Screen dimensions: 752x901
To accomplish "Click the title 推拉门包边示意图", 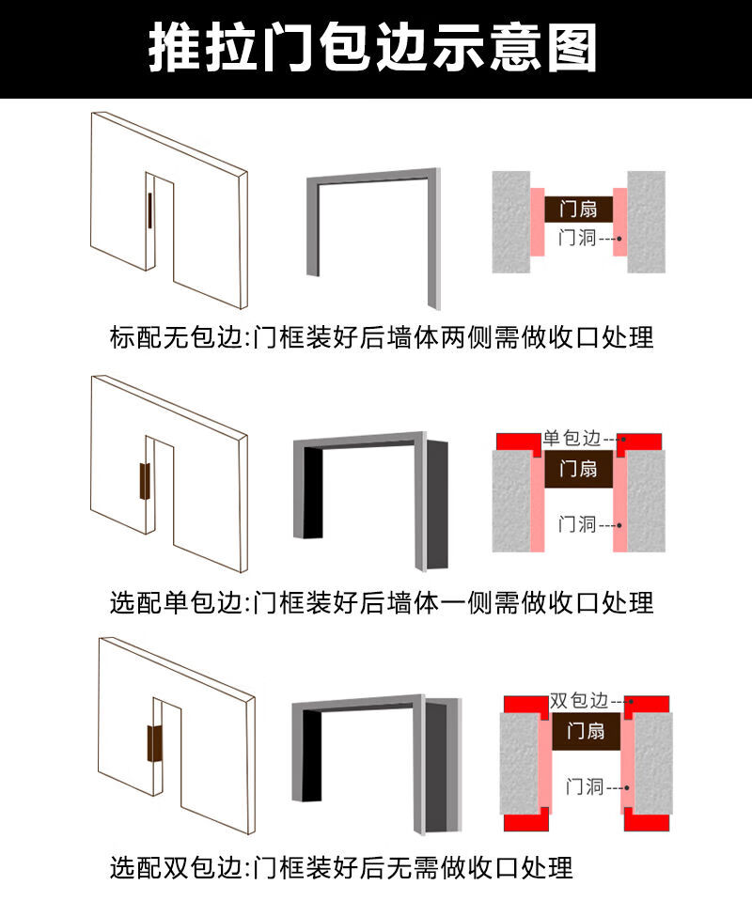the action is coord(372,48).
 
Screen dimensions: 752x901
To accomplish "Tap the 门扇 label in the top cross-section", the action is coord(578,209).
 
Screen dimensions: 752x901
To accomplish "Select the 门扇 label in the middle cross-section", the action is coord(578,469).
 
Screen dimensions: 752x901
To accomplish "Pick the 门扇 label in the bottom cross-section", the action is coord(586,731).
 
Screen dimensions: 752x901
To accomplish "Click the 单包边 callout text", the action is coord(572,439).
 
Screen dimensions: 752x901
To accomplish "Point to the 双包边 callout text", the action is coord(579,701).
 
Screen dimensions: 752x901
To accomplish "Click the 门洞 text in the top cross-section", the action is coord(577,238).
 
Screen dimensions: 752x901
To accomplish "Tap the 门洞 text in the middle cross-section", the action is coord(577,524).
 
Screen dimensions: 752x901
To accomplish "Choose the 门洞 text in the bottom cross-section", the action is coord(585,786).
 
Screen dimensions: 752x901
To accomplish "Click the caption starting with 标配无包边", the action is coord(382,337).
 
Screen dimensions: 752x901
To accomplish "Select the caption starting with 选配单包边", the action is coord(382,603).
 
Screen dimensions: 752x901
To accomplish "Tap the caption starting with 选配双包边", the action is coord(341,868).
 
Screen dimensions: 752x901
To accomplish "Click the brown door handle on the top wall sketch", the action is coord(149,210).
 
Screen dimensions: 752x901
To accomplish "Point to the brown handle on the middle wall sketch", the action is coord(145,482).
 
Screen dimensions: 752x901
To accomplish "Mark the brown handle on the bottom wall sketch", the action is coord(154,743).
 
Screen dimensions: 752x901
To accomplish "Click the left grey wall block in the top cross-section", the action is coord(511,222).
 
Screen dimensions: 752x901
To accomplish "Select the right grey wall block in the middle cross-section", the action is coord(646,501).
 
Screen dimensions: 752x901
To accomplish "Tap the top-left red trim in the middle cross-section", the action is coord(517,443).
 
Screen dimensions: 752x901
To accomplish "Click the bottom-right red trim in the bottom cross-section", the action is coord(647,820).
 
